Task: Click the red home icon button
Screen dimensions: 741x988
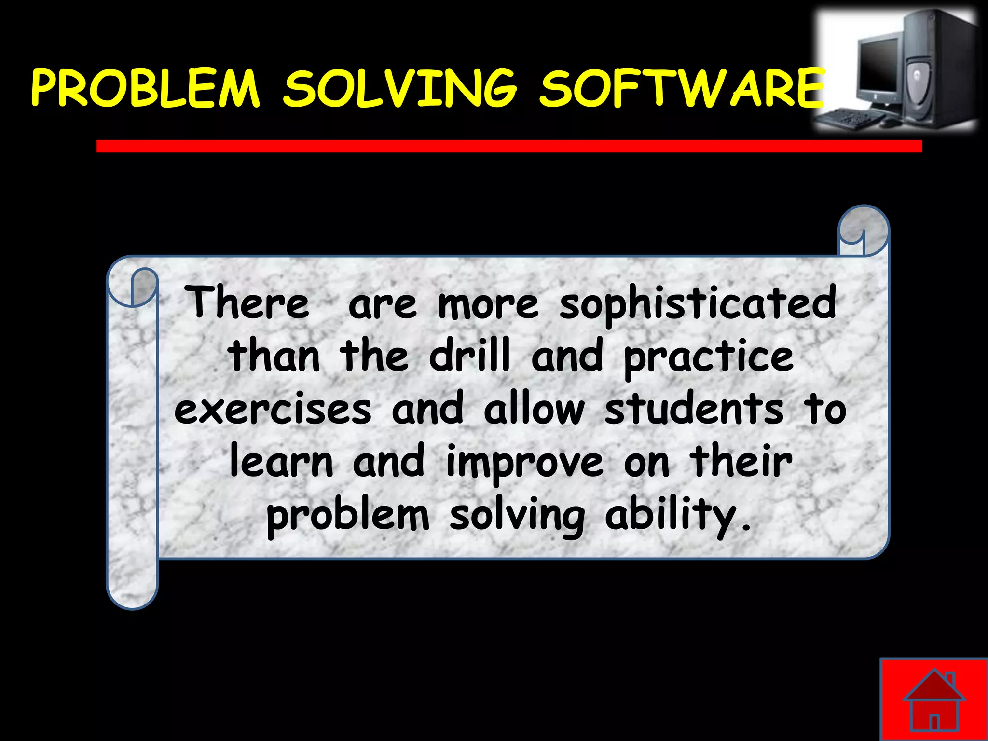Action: [934, 699]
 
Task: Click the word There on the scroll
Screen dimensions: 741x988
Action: [247, 303]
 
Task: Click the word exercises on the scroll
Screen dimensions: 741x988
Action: [273, 409]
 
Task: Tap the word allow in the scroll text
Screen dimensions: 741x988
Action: [534, 409]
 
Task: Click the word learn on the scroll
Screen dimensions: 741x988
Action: [281, 462]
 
